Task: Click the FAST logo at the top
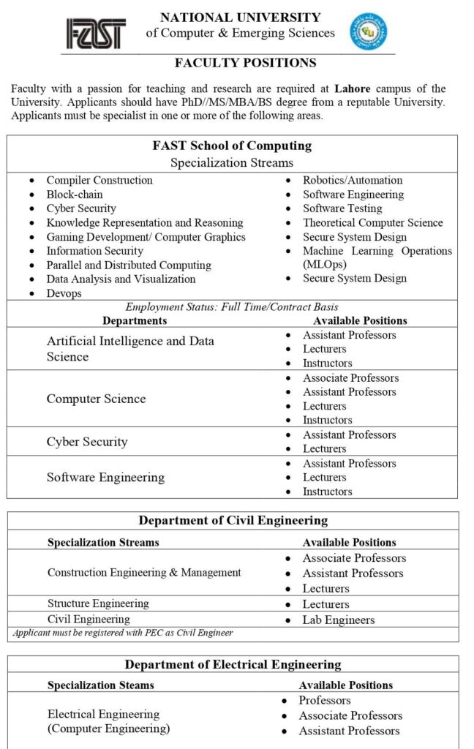click(x=96, y=33)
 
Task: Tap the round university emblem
click(x=369, y=31)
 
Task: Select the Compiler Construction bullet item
click(x=99, y=180)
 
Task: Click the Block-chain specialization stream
click(x=75, y=195)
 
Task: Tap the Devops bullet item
click(x=64, y=293)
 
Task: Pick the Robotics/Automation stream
click(x=353, y=180)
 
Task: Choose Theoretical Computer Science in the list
click(x=372, y=222)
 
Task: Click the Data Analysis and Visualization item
click(x=121, y=279)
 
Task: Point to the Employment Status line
click(x=232, y=307)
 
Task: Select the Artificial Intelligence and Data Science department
click(x=130, y=349)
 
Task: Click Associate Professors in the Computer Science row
click(x=350, y=378)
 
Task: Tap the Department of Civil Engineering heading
click(x=233, y=521)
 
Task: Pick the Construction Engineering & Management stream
click(x=144, y=572)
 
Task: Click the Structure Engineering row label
click(x=98, y=603)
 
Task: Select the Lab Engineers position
click(x=339, y=620)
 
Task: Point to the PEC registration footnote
click(x=123, y=633)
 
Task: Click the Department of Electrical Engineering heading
click(x=233, y=665)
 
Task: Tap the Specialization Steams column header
click(x=101, y=685)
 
